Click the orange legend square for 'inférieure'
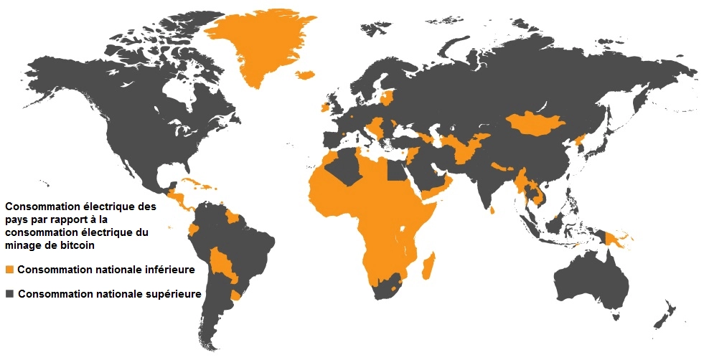tap(9, 270)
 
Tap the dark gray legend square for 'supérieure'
tap(9, 294)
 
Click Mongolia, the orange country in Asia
tap(535, 123)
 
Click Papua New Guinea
tap(614, 237)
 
